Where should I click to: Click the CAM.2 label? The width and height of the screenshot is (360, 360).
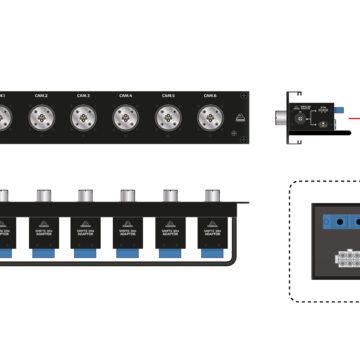tap(39, 95)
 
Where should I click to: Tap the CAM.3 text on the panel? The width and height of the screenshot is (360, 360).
tap(81, 95)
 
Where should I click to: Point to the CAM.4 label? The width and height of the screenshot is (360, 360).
tap(124, 95)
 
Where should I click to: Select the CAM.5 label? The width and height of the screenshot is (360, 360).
tap(166, 95)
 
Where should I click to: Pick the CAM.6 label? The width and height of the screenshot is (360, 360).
tap(208, 95)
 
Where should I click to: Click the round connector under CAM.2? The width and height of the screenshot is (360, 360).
tap(39, 118)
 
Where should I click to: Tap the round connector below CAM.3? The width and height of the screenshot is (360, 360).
tap(81, 118)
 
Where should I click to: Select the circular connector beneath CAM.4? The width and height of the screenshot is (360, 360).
tap(124, 118)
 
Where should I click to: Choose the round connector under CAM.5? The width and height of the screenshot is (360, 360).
tap(166, 118)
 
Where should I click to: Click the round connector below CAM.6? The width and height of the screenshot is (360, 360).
tap(208, 118)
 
